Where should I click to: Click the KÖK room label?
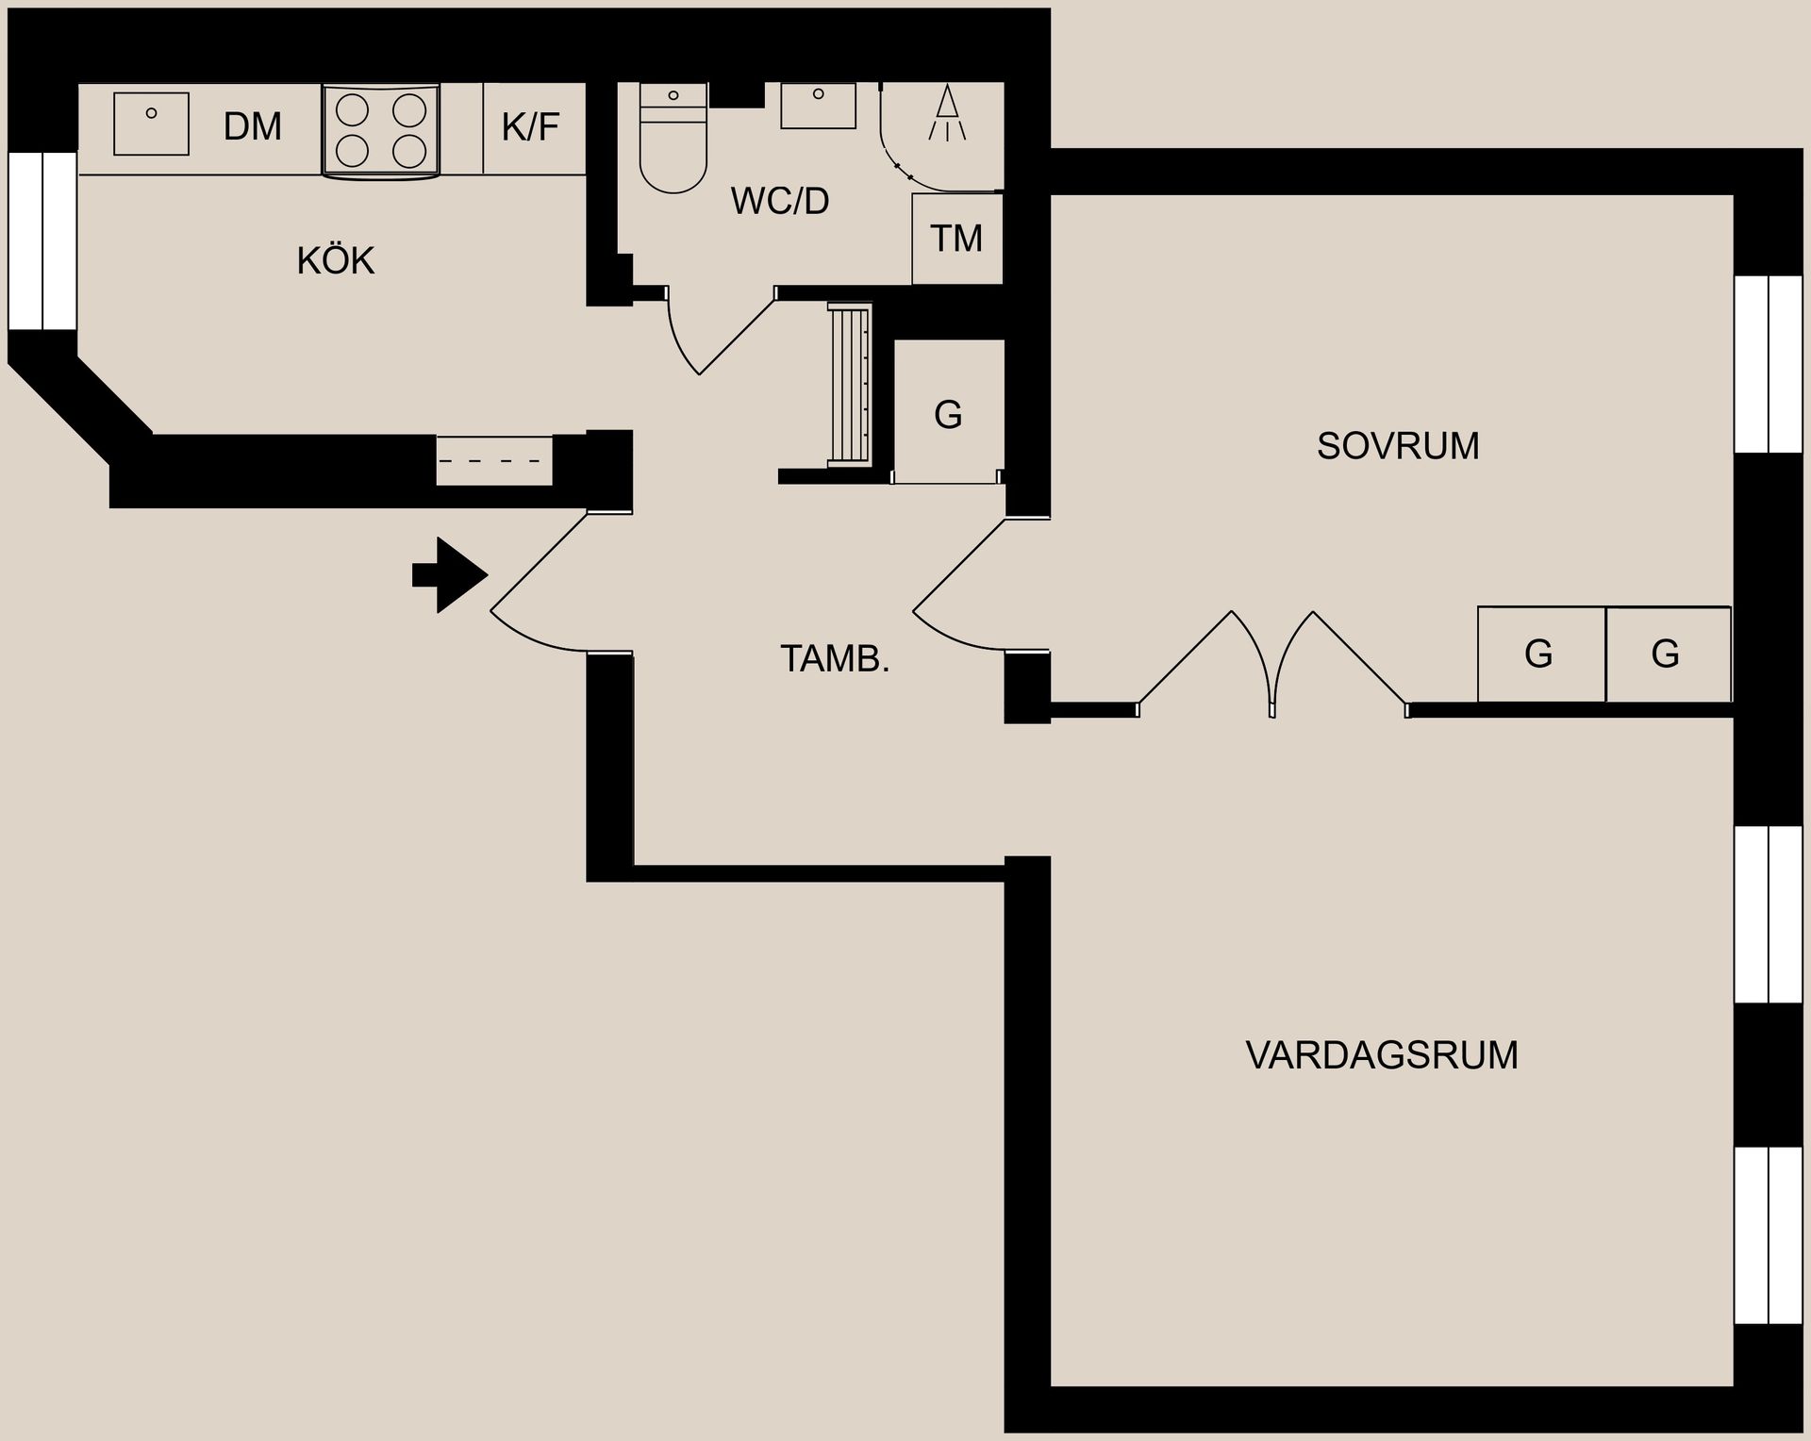click(x=335, y=261)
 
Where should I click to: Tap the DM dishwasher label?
click(x=252, y=126)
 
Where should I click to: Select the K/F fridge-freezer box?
click(x=531, y=127)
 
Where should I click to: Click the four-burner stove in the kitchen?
click(x=381, y=130)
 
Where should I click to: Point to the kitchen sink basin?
click(x=151, y=124)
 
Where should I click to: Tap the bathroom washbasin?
click(x=818, y=105)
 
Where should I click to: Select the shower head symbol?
click(x=947, y=113)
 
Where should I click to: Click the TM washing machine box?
click(x=956, y=239)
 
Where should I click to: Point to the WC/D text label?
click(x=780, y=201)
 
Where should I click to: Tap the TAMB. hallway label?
click(x=835, y=658)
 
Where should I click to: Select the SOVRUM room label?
click(x=1397, y=446)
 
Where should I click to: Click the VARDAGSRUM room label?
click(x=1382, y=1054)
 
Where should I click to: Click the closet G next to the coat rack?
click(x=948, y=414)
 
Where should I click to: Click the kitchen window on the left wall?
click(x=42, y=240)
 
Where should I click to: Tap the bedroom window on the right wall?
click(x=1769, y=364)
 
